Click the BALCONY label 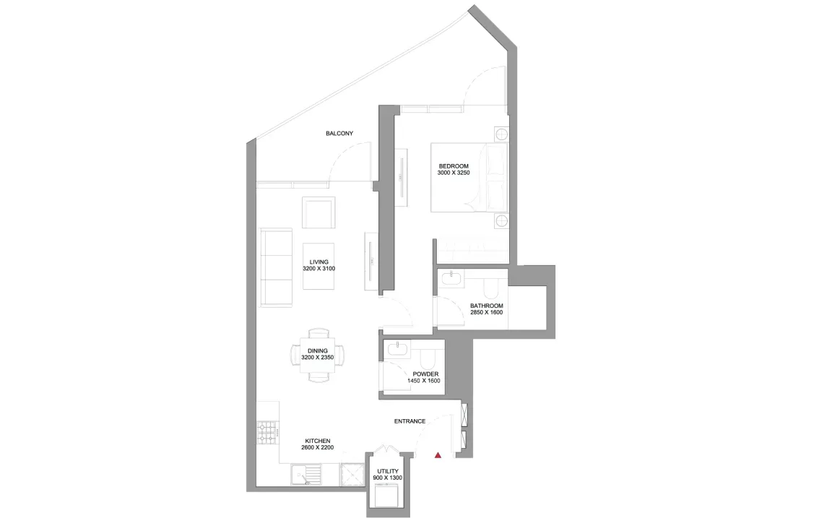pyautogui.click(x=339, y=134)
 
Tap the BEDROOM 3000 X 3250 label pyautogui.click(x=454, y=170)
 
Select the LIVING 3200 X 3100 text pyautogui.click(x=318, y=265)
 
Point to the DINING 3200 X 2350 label pyautogui.click(x=318, y=354)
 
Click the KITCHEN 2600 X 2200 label pyautogui.click(x=318, y=444)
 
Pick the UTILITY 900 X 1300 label pyautogui.click(x=387, y=475)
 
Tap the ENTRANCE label pyautogui.click(x=409, y=421)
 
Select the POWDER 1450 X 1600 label pyautogui.click(x=426, y=377)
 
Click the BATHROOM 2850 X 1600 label pyautogui.click(x=486, y=309)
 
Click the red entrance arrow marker pyautogui.click(x=438, y=455)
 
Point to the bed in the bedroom pyautogui.click(x=469, y=177)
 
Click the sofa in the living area pyautogui.click(x=276, y=267)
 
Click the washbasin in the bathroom pyautogui.click(x=452, y=278)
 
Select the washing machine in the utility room pyautogui.click(x=387, y=499)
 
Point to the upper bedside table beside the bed pyautogui.click(x=502, y=134)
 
